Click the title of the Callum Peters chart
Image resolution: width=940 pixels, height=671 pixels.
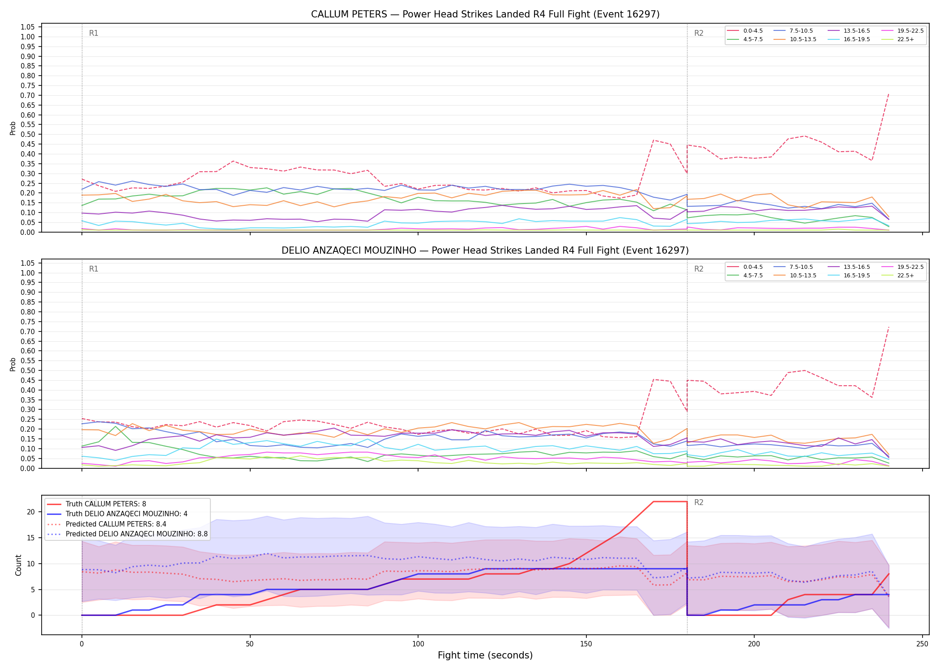[x=485, y=14]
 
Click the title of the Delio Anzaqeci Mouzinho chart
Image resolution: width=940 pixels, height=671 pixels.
[x=485, y=251]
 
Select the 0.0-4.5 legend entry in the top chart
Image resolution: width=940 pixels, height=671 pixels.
[x=745, y=31]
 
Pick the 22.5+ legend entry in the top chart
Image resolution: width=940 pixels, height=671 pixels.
[x=897, y=39]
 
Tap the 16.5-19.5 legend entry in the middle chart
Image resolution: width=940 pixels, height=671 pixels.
[x=849, y=276]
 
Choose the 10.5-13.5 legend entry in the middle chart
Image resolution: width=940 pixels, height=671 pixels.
[x=795, y=276]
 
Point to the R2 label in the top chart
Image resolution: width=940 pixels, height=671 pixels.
[x=699, y=33]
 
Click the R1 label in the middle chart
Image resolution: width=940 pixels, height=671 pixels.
[x=94, y=269]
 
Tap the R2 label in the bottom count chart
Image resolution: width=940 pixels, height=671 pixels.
[x=699, y=502]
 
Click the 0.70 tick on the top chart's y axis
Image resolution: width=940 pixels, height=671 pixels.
[x=28, y=95]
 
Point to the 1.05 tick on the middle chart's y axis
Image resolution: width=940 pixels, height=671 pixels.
[x=28, y=263]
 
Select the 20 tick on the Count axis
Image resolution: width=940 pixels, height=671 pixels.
[x=31, y=512]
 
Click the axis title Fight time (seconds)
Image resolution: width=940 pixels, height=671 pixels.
[x=485, y=656]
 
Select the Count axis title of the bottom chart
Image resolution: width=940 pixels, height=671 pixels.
[x=18, y=565]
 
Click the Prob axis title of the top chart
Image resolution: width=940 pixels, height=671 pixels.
[x=13, y=128]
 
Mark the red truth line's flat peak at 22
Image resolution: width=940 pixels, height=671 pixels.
[x=670, y=502]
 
